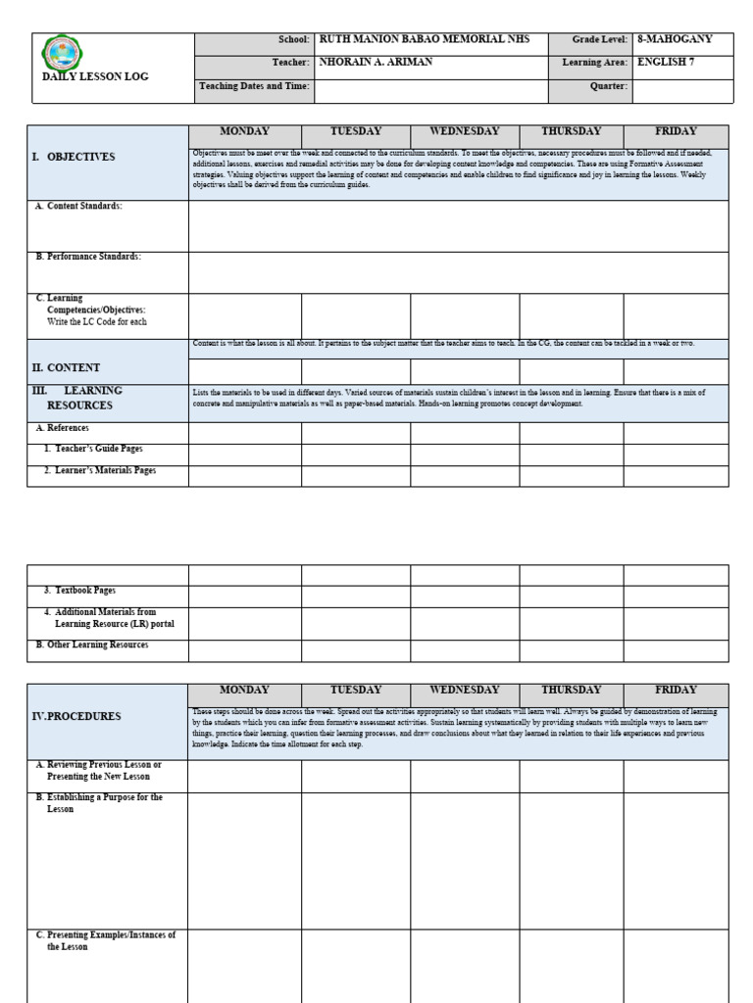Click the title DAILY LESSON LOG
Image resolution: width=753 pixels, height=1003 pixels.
(95, 76)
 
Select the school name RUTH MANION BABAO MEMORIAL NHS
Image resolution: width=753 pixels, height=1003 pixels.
(425, 39)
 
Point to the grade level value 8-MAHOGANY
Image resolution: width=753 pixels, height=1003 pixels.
(675, 39)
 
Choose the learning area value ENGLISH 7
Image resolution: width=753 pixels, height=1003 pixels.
(666, 63)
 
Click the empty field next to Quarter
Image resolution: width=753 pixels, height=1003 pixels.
(682, 87)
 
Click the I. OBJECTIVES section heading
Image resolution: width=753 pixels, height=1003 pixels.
(74, 157)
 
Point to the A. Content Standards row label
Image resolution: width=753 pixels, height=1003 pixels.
(78, 207)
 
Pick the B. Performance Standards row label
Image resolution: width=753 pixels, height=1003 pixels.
(88, 257)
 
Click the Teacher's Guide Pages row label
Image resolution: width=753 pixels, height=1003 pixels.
(93, 449)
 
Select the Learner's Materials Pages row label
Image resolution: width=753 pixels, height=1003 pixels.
(99, 471)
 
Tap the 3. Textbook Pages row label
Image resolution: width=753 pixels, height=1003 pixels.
(79, 591)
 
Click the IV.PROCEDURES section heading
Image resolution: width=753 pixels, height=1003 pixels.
(77, 717)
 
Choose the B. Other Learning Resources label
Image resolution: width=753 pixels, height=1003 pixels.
(91, 645)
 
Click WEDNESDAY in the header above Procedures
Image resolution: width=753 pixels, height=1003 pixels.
(464, 691)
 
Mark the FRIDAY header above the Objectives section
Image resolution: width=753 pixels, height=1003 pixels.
(676, 131)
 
